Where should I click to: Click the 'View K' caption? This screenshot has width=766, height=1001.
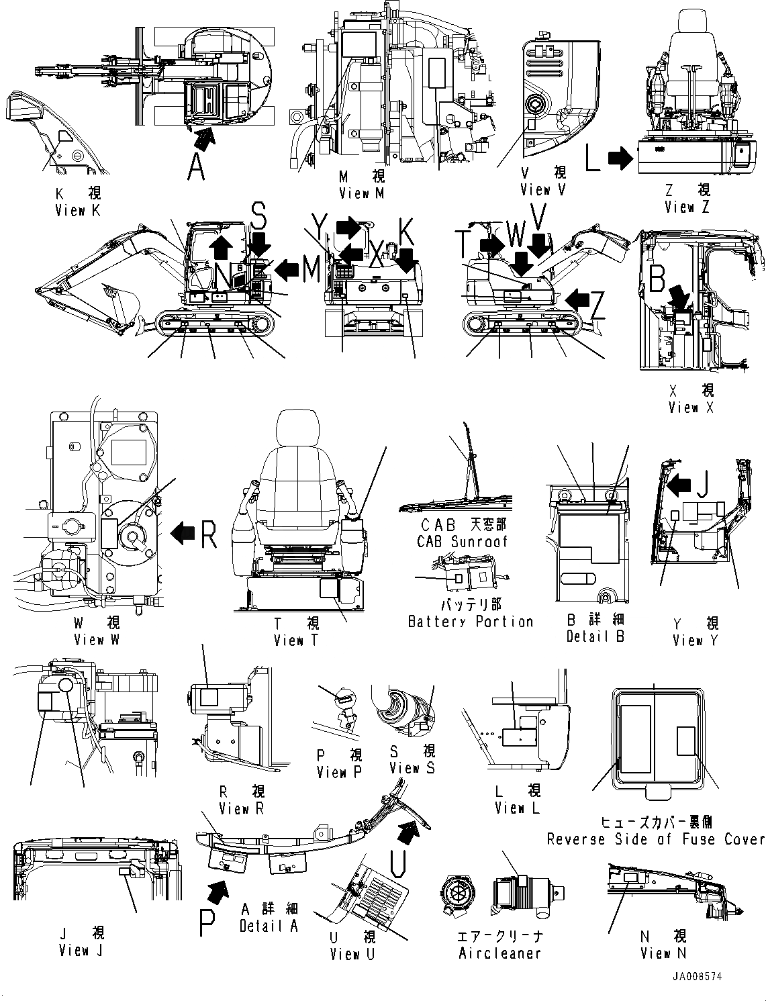(x=78, y=210)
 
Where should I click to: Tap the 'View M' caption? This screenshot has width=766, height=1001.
(x=362, y=193)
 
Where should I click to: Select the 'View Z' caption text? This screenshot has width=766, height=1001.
(x=687, y=207)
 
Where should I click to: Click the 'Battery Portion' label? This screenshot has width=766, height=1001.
(x=471, y=622)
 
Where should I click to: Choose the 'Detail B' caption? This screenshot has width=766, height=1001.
(x=595, y=636)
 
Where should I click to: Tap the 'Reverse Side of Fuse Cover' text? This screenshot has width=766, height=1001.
(x=655, y=839)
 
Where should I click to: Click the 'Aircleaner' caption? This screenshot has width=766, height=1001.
(x=499, y=953)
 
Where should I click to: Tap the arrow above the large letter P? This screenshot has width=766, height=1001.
(x=219, y=892)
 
